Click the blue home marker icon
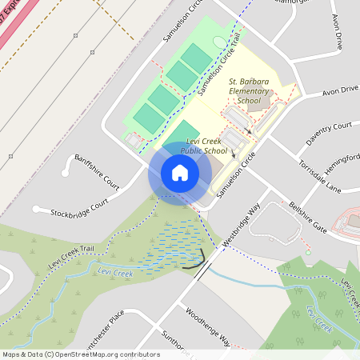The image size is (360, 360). coord(180,173)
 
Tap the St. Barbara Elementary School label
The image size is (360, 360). coord(256,91)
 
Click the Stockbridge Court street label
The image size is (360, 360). coord(78,206)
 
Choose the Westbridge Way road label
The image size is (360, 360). coord(242,229)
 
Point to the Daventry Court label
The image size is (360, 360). coord(330,135)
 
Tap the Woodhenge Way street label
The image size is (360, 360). coord(207,326)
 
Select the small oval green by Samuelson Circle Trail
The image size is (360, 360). coord(219,41)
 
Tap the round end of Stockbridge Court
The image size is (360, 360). coord(37,210)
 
